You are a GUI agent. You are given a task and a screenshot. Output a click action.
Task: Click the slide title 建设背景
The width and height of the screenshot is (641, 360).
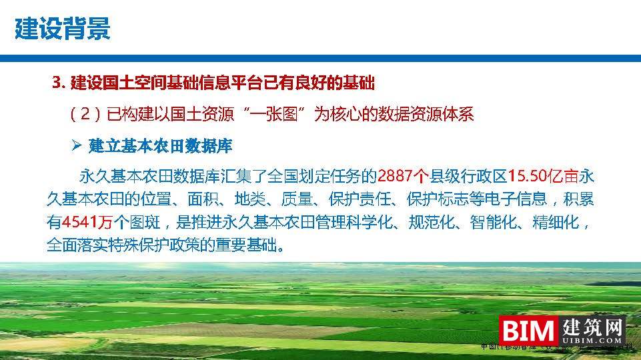click(x=62, y=29)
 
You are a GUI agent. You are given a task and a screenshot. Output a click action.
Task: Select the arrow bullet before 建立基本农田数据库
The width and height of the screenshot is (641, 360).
click(x=75, y=145)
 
